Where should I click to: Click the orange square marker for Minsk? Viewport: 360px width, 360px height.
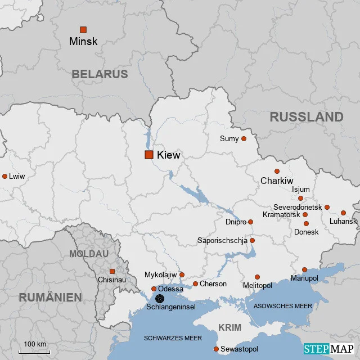point(83,29)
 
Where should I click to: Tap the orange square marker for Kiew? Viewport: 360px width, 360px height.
point(149,155)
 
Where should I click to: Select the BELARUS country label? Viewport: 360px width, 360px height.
point(100,74)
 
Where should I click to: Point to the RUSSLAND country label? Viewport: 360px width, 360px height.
point(306,117)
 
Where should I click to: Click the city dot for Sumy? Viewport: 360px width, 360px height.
point(244,138)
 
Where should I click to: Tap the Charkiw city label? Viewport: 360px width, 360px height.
point(277,181)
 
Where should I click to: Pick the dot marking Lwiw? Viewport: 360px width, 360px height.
point(4,176)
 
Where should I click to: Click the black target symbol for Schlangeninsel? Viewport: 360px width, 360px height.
point(160,299)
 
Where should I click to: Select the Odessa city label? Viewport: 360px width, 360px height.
point(171,289)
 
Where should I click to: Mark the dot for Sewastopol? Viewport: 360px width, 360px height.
point(216,349)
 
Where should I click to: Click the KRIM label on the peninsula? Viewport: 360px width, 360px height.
point(229,327)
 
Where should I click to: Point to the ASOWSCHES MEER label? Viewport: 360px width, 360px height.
point(282,306)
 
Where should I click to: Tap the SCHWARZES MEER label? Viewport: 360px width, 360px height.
point(173,338)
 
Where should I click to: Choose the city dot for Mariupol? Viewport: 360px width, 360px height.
point(304,269)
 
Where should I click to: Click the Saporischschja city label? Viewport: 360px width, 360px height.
point(222,241)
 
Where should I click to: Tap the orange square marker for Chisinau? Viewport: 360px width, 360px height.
point(112,271)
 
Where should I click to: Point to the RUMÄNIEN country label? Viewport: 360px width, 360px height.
point(51,298)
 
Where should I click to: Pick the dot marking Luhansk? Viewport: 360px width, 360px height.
point(343,213)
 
